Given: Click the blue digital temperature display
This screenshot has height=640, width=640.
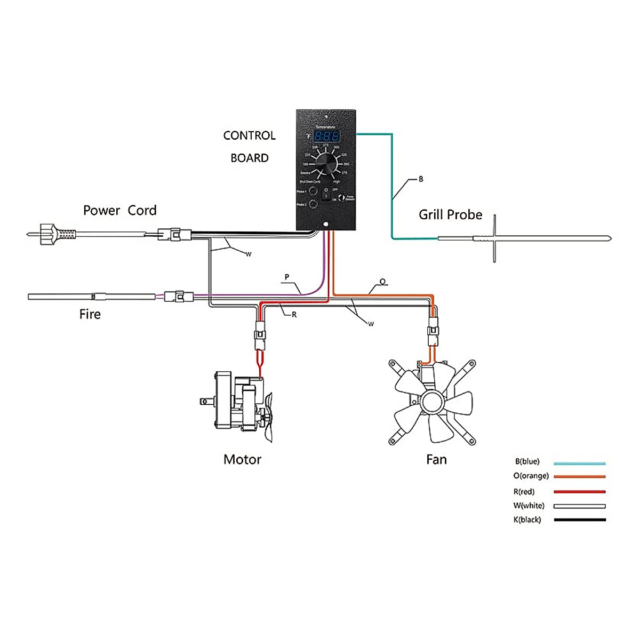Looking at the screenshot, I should [x=326, y=136].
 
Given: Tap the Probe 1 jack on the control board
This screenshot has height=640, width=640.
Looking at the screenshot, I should [x=314, y=191].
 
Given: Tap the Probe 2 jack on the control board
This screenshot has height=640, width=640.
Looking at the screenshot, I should [x=314, y=204].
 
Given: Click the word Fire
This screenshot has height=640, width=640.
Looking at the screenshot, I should [x=90, y=314].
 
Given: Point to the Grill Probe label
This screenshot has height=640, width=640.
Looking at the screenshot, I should [x=450, y=214].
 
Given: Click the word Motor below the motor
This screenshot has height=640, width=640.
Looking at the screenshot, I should [x=242, y=459].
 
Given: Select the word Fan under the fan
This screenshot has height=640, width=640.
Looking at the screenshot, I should [x=436, y=459].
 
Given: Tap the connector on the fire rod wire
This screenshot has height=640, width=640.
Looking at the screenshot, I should [x=176, y=297].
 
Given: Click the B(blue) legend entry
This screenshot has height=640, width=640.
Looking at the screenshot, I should [x=527, y=461].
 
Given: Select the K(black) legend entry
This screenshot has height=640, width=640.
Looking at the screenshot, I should [x=527, y=519].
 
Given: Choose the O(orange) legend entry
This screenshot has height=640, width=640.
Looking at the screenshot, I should [x=531, y=476].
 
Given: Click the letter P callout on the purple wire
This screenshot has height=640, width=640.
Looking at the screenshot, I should [x=287, y=277].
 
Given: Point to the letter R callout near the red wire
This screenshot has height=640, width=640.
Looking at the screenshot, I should [x=294, y=315].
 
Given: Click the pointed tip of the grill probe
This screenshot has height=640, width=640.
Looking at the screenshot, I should [x=609, y=238].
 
